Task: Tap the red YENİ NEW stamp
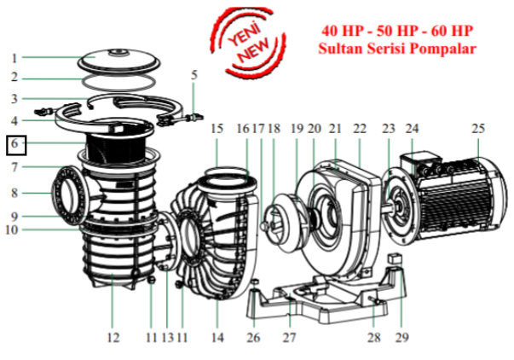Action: click(x=248, y=42)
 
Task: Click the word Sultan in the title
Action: click(x=340, y=49)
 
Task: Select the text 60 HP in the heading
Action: click(x=452, y=31)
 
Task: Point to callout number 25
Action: click(x=478, y=128)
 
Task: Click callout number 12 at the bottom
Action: click(x=113, y=337)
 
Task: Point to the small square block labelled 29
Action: click(x=395, y=258)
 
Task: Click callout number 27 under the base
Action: click(x=289, y=337)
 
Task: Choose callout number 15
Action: click(x=217, y=128)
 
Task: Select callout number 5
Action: click(x=194, y=75)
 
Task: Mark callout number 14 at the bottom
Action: click(x=217, y=337)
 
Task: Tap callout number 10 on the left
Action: click(x=11, y=229)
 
